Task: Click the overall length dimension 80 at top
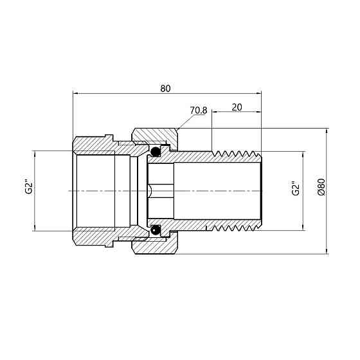[165, 89]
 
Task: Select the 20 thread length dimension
[237, 107]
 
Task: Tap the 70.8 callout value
[199, 111]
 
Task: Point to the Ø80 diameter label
[321, 187]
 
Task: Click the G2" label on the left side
[29, 187]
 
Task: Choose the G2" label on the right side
[296, 188]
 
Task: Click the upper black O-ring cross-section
[156, 151]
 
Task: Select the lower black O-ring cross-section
[156, 230]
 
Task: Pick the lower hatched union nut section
[155, 245]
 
